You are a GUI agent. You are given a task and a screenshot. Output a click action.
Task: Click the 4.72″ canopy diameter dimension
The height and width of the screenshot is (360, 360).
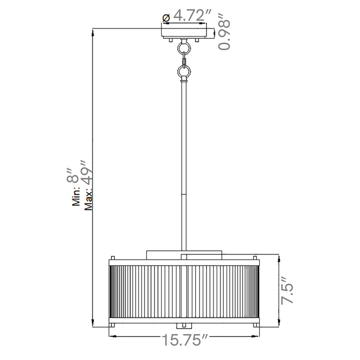point(192,15)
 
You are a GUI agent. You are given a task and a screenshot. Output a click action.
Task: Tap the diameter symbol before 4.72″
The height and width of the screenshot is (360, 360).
point(166,18)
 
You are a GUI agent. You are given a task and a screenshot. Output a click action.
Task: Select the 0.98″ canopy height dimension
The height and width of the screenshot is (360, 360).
point(224,32)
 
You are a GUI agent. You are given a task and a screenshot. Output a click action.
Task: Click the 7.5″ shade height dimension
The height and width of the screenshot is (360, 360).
point(287,290)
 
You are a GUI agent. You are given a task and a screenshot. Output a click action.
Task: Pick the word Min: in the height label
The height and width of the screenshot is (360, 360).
point(76,196)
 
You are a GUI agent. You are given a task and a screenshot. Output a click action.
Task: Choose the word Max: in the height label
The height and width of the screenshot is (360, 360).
point(88,199)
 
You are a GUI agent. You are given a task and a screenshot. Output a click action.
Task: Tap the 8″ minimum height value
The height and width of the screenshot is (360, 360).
point(73,175)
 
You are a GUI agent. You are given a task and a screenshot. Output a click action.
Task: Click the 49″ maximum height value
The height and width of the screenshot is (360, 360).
point(86,171)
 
